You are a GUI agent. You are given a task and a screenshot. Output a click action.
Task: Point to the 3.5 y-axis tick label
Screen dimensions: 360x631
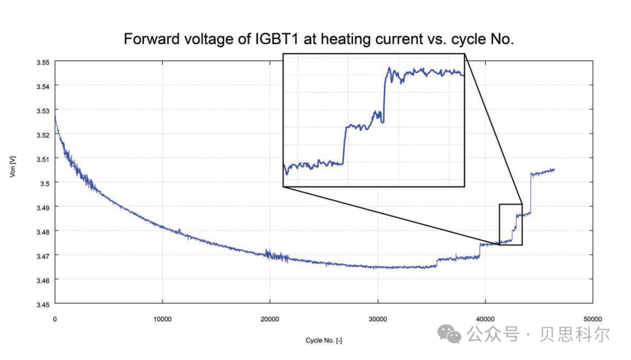44,183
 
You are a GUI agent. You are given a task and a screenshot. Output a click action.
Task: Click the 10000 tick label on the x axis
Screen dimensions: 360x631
162,319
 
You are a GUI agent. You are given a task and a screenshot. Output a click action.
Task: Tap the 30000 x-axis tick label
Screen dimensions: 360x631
378,319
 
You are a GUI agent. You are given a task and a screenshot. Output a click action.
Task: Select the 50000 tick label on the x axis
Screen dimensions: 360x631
593,319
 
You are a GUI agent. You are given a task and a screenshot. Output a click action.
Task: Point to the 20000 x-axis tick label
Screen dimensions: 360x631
270,319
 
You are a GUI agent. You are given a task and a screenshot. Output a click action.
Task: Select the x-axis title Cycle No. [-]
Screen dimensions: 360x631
324,340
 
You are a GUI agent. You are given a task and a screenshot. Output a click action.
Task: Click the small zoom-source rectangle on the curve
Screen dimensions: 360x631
510,224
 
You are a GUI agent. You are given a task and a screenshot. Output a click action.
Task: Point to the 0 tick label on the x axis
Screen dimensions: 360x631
55,319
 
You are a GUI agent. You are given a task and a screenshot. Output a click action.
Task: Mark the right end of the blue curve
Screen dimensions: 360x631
554,169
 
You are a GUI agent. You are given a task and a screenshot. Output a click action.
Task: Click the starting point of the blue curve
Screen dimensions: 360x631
55,116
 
